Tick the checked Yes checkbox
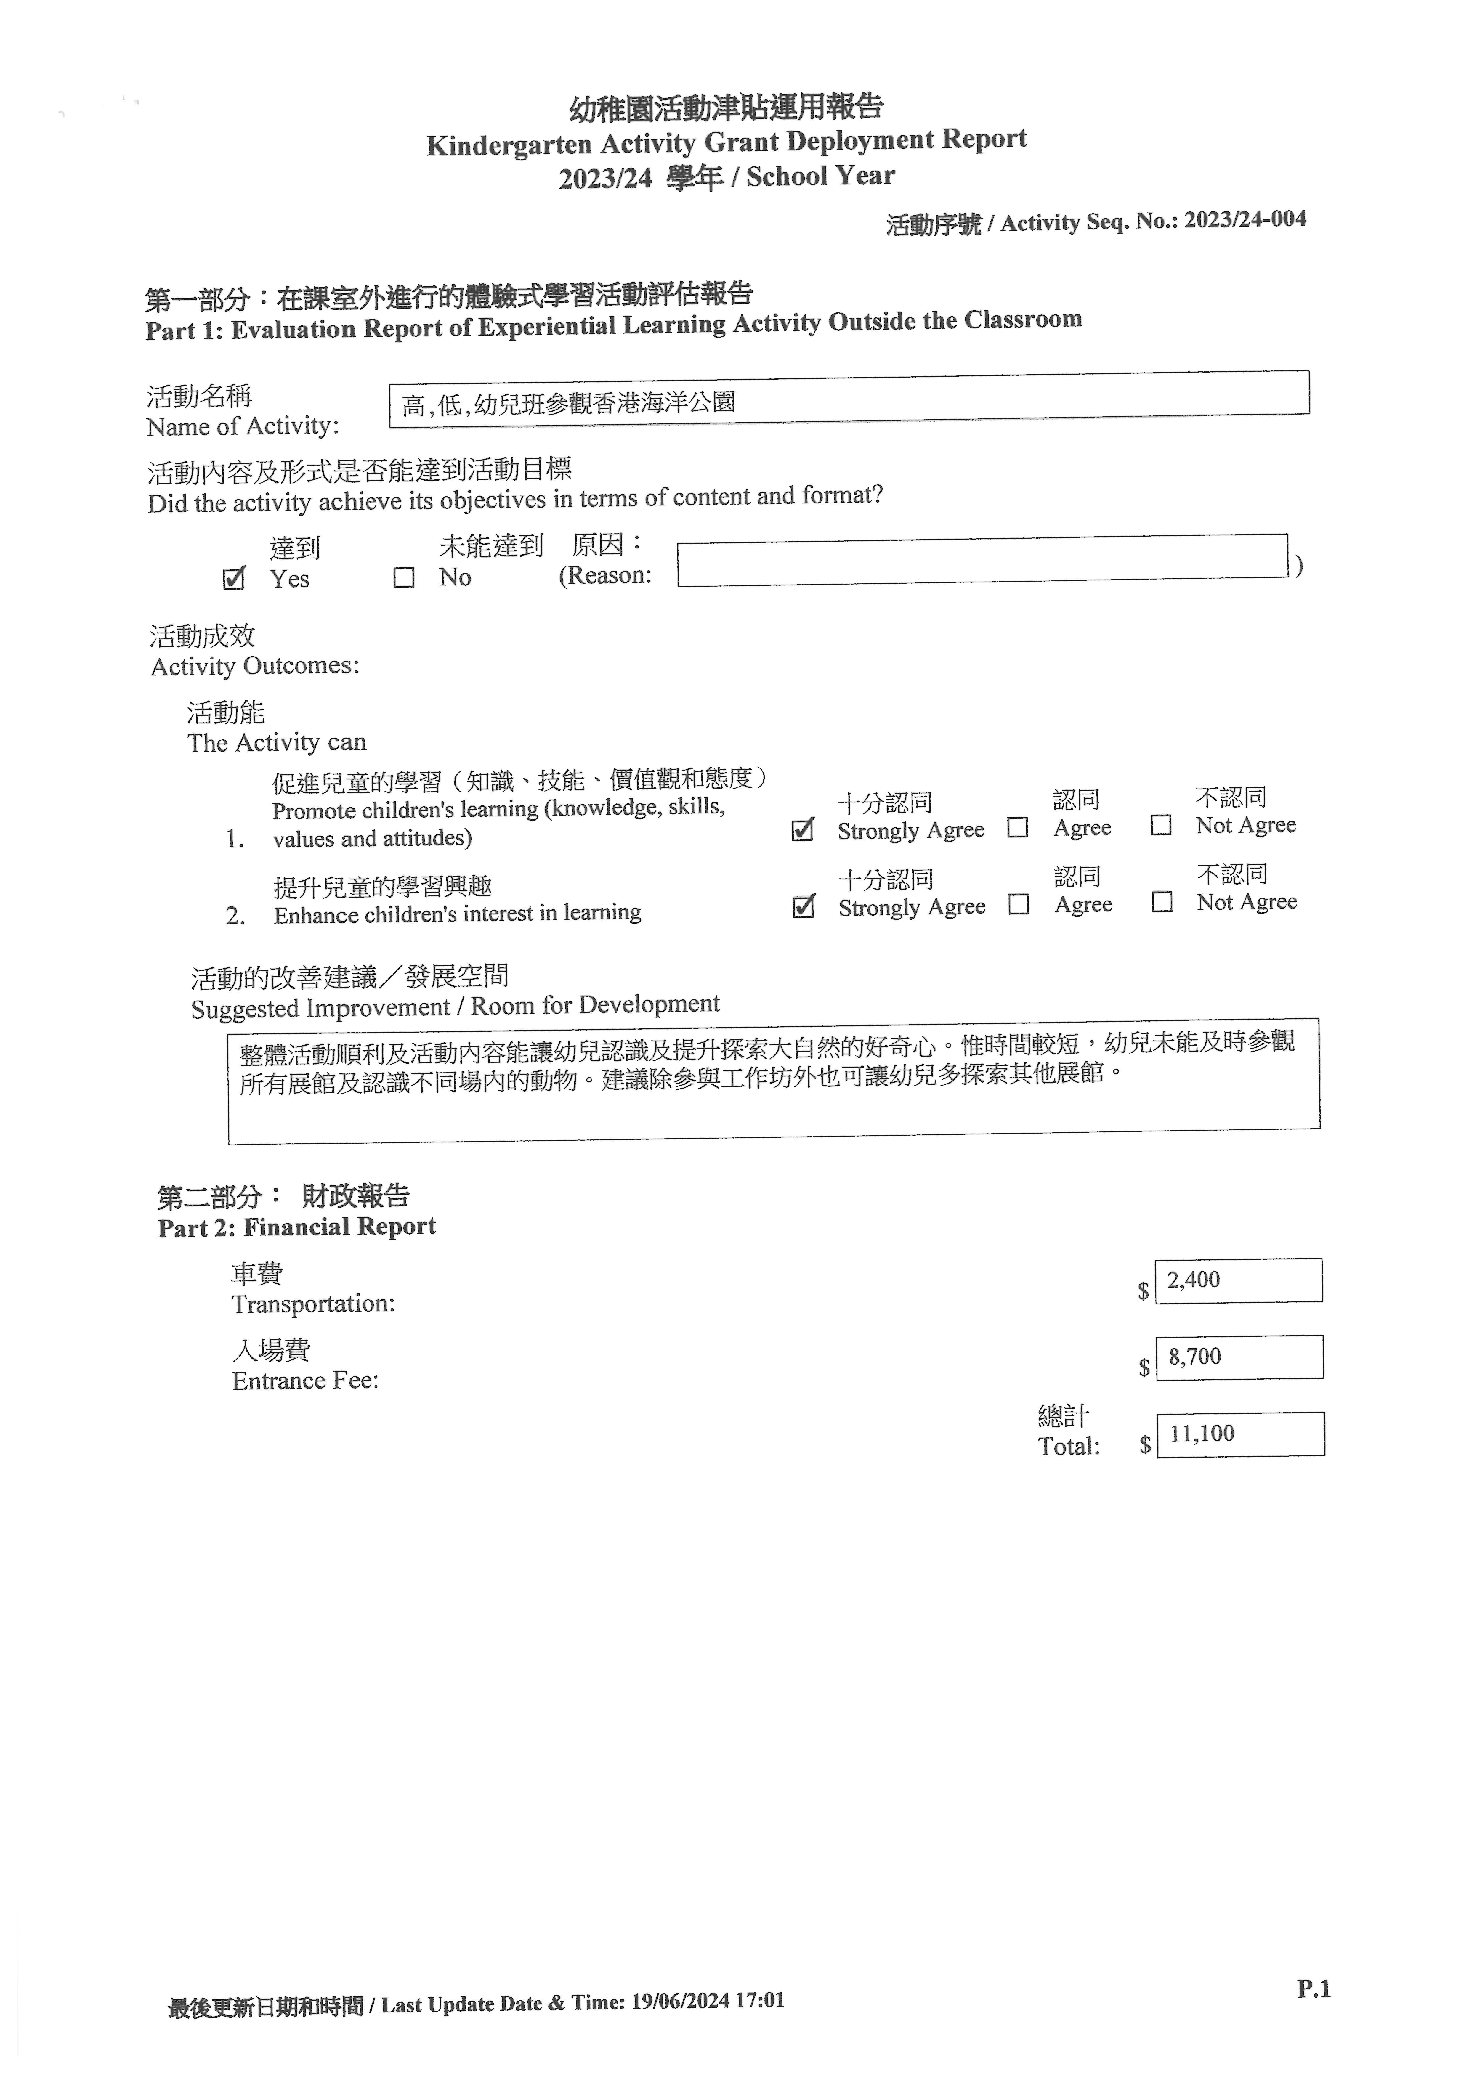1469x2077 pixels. (x=233, y=579)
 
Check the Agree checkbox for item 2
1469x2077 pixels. (x=1019, y=905)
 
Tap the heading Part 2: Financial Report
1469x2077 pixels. (x=297, y=1227)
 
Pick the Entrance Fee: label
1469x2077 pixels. (x=306, y=1381)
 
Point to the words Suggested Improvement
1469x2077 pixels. (x=320, y=1008)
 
